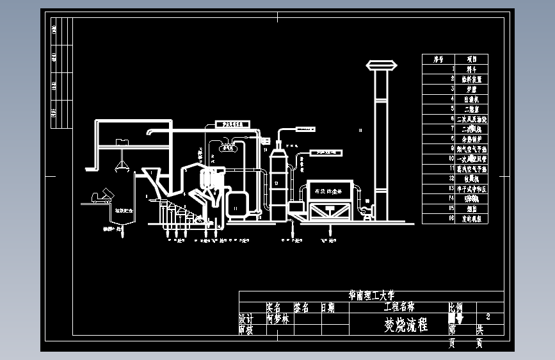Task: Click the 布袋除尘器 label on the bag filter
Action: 326,190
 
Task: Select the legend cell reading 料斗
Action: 471,69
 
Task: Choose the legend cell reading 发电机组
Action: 471,218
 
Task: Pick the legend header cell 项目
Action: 471,59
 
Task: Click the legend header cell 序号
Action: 438,59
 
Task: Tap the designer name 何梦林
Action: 277,318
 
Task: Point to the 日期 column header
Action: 327,307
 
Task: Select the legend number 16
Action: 452,218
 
